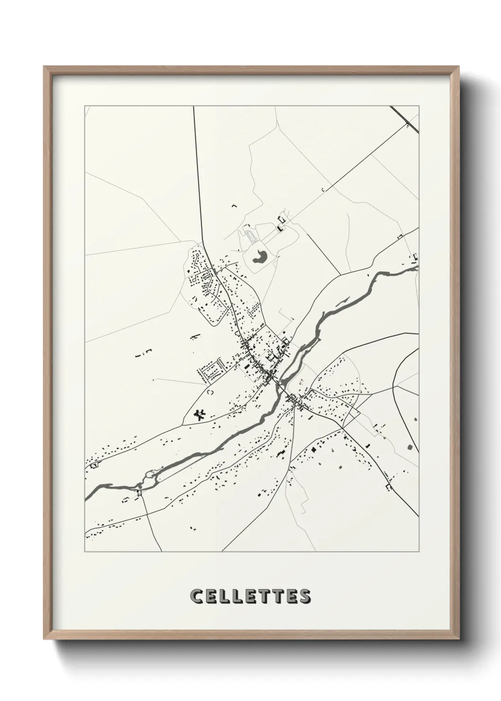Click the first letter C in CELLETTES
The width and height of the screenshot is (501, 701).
point(197,596)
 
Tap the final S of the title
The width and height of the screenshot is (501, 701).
point(304,596)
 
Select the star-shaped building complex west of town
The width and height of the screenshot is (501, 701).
point(201,415)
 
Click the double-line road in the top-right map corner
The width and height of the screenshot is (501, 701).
point(405,120)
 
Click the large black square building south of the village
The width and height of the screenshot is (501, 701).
point(313,448)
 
